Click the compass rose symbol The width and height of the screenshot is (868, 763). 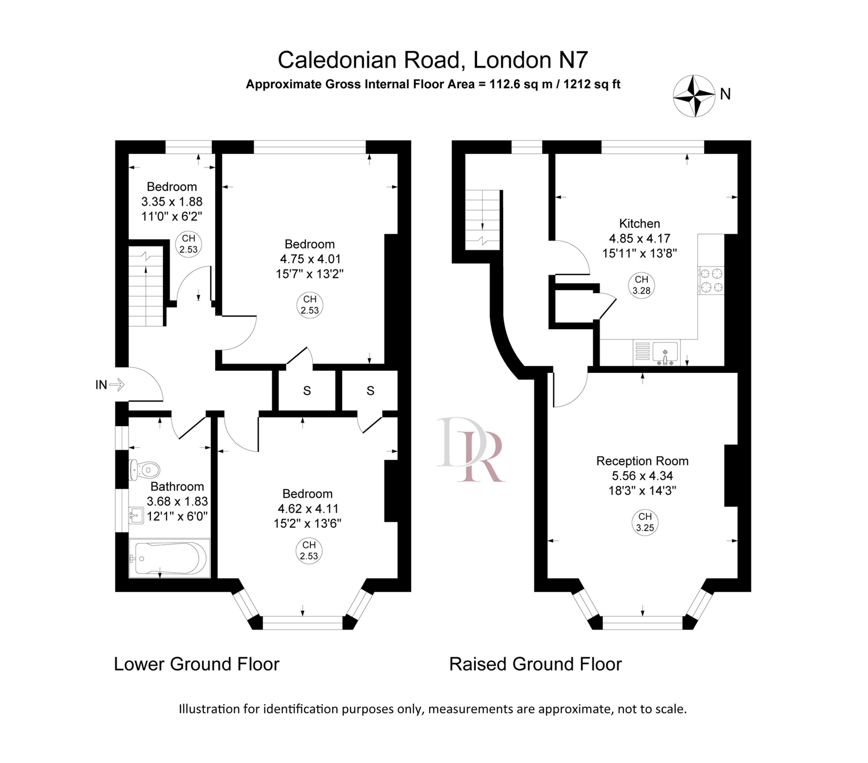[694, 96]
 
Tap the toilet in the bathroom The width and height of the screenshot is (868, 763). [144, 470]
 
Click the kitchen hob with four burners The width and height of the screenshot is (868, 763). [711, 280]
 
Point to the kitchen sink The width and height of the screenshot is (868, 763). [665, 352]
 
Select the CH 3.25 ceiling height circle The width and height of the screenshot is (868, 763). [645, 523]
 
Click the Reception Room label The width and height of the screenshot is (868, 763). [642, 461]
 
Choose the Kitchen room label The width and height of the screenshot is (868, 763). [640, 223]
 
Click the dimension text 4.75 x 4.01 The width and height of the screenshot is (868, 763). [310, 259]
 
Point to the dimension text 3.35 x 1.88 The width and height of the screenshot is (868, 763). [171, 201]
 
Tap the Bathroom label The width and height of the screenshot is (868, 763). [177, 487]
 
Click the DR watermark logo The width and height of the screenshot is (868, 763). [471, 449]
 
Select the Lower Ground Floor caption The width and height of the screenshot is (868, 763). [196, 664]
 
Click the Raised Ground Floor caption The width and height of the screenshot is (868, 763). [535, 664]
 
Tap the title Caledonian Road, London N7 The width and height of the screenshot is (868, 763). [432, 60]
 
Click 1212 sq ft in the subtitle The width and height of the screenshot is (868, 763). [592, 84]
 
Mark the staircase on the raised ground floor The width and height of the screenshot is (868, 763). [483, 219]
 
